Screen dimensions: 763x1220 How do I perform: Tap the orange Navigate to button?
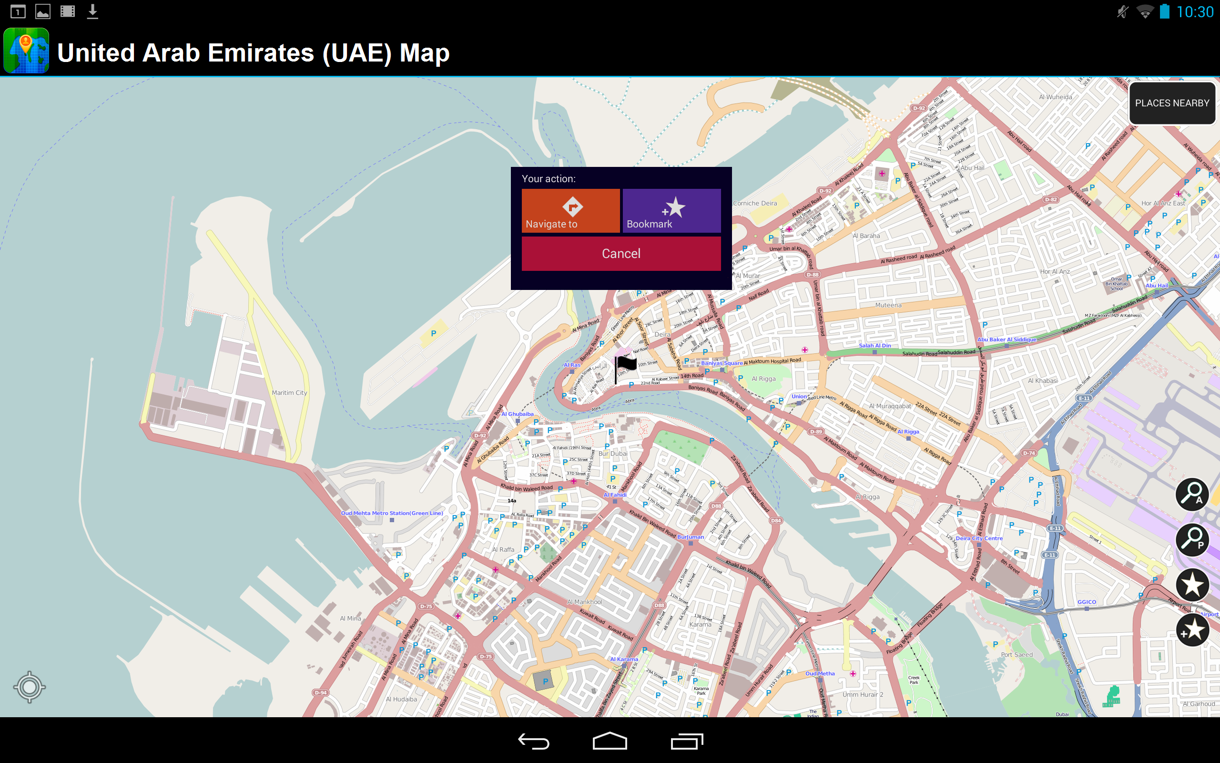(x=570, y=210)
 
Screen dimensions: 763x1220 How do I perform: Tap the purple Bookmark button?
(x=671, y=210)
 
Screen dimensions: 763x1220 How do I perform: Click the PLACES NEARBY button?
(x=1171, y=103)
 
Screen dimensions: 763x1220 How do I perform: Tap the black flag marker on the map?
(x=625, y=365)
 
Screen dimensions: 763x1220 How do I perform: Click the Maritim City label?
(x=289, y=392)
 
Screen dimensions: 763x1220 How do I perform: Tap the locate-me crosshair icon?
(x=29, y=687)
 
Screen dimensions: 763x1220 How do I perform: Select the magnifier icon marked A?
(x=1192, y=494)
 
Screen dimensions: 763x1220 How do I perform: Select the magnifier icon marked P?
(x=1192, y=539)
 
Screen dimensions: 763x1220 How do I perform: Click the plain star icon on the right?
(x=1192, y=585)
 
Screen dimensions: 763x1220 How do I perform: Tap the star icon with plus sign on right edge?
(x=1192, y=630)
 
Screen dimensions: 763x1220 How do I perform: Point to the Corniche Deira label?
(x=755, y=203)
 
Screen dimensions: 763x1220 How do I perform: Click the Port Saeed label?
(x=1017, y=654)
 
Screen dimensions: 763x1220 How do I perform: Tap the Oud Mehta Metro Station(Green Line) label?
(x=392, y=513)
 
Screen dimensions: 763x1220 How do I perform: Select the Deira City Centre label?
(x=978, y=538)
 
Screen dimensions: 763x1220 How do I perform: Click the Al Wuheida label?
(x=1055, y=97)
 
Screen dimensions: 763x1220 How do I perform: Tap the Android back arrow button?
(x=533, y=741)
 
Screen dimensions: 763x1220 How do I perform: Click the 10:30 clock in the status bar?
(x=1195, y=11)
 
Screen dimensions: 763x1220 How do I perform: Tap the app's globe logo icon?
(x=26, y=51)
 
